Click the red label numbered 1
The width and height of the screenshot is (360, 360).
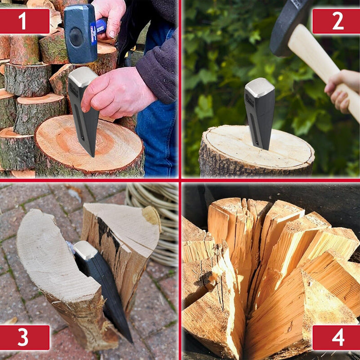pyautogui.click(x=25, y=21)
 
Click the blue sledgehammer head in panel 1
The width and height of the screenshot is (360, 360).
pyautogui.click(x=80, y=33)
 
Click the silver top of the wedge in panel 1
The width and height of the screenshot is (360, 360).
pyautogui.click(x=82, y=77)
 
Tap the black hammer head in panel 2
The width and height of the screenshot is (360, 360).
pyautogui.click(x=288, y=26)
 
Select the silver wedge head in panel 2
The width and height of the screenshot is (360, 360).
pyautogui.click(x=259, y=89)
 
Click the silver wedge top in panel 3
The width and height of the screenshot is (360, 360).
pyautogui.click(x=85, y=250)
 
